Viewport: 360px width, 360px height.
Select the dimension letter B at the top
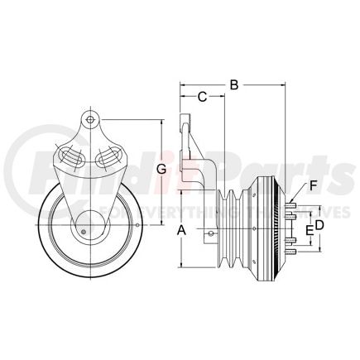[233, 84]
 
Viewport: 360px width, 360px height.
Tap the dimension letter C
[201, 98]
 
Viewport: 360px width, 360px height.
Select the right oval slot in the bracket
[109, 156]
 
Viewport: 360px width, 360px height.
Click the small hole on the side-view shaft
[212, 234]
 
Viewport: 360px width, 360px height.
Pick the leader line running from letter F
[301, 194]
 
